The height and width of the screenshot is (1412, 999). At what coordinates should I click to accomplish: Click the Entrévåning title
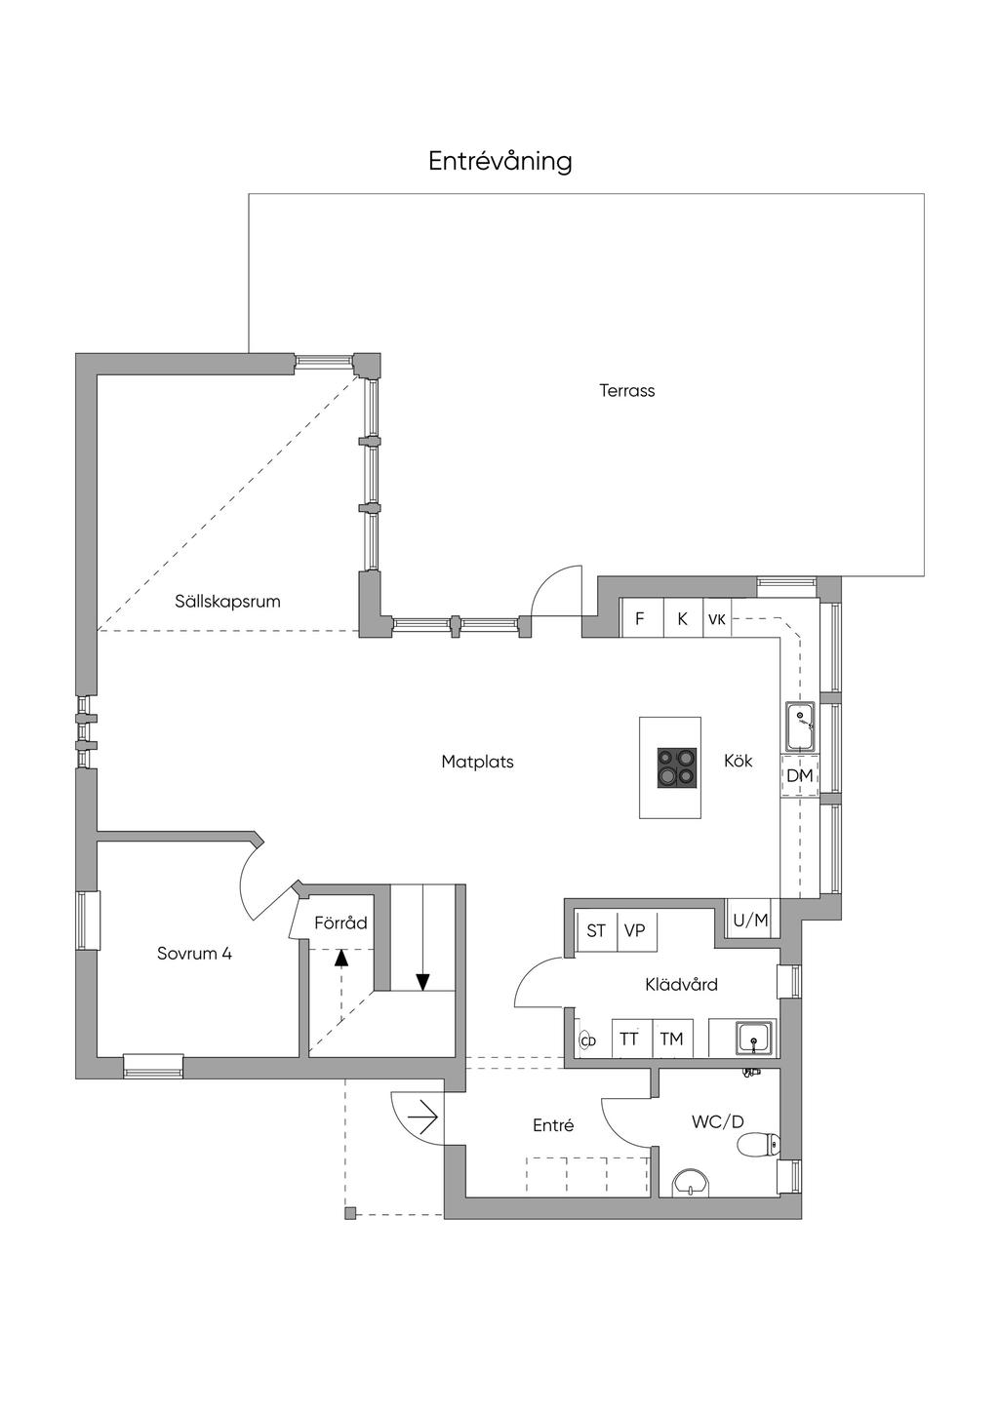500,161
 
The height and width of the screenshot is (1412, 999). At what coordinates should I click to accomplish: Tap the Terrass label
627,391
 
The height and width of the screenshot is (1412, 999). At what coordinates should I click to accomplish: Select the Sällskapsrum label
227,602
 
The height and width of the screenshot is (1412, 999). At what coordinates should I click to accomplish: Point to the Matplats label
477,762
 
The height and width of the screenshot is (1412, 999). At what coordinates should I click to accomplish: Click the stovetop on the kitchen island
677,767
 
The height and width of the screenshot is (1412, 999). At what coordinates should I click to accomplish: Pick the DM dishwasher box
800,775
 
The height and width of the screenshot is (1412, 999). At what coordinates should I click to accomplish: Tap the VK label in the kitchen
717,619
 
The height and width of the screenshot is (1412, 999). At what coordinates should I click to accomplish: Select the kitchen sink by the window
801,726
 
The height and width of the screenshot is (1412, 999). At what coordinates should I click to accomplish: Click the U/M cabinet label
750,921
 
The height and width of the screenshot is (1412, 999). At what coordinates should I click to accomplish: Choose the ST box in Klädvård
596,930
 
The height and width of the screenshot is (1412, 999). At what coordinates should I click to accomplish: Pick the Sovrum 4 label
194,953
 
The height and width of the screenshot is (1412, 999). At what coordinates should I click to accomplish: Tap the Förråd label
340,922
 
